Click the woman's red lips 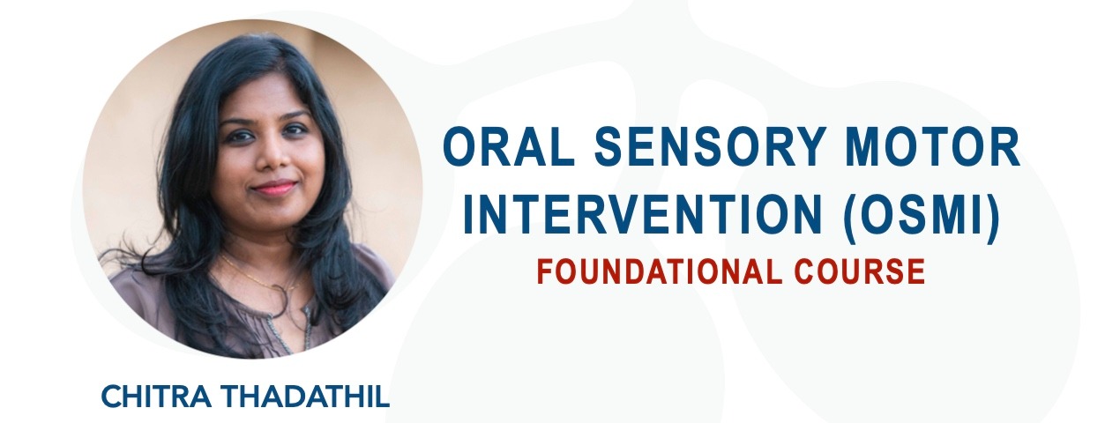tap(273, 188)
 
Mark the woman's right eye tap(243, 135)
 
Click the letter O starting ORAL tap(461, 150)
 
